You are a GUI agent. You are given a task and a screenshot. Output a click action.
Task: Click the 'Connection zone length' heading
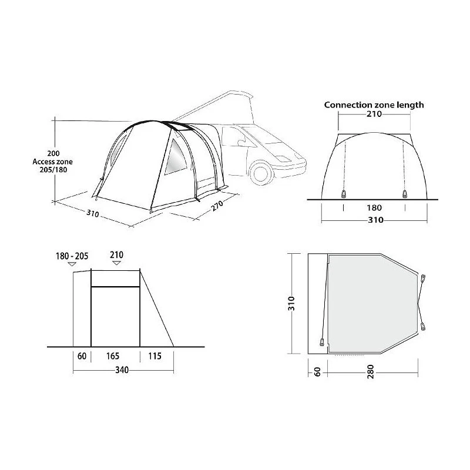(x=374, y=105)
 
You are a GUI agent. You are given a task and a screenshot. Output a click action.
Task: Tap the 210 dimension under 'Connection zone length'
(x=374, y=114)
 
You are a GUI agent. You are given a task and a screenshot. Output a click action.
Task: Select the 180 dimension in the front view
(x=374, y=208)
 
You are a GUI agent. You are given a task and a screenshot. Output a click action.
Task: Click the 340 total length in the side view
(x=122, y=370)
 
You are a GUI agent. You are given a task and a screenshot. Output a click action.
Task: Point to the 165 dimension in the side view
(x=113, y=356)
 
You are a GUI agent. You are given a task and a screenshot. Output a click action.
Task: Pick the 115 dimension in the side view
(x=155, y=356)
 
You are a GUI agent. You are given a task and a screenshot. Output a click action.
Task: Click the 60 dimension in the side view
(x=82, y=356)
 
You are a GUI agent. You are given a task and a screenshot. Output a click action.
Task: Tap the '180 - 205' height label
(x=72, y=256)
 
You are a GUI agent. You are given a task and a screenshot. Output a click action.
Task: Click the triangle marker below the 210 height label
(x=116, y=263)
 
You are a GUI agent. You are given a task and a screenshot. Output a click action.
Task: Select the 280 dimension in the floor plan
(x=371, y=372)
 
